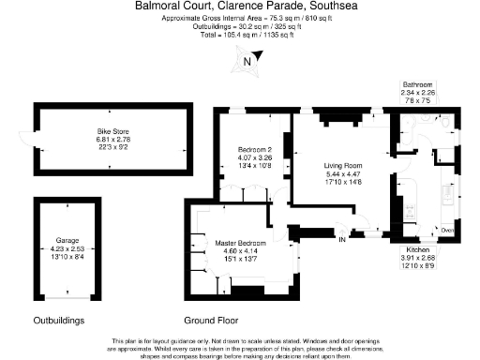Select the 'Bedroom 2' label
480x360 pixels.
pos(254,150)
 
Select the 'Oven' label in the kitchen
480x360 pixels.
pos(447,230)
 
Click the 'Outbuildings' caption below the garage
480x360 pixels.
pos(59,320)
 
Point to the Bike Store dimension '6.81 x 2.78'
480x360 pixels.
pos(112,140)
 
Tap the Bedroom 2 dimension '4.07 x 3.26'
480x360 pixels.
pos(254,157)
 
